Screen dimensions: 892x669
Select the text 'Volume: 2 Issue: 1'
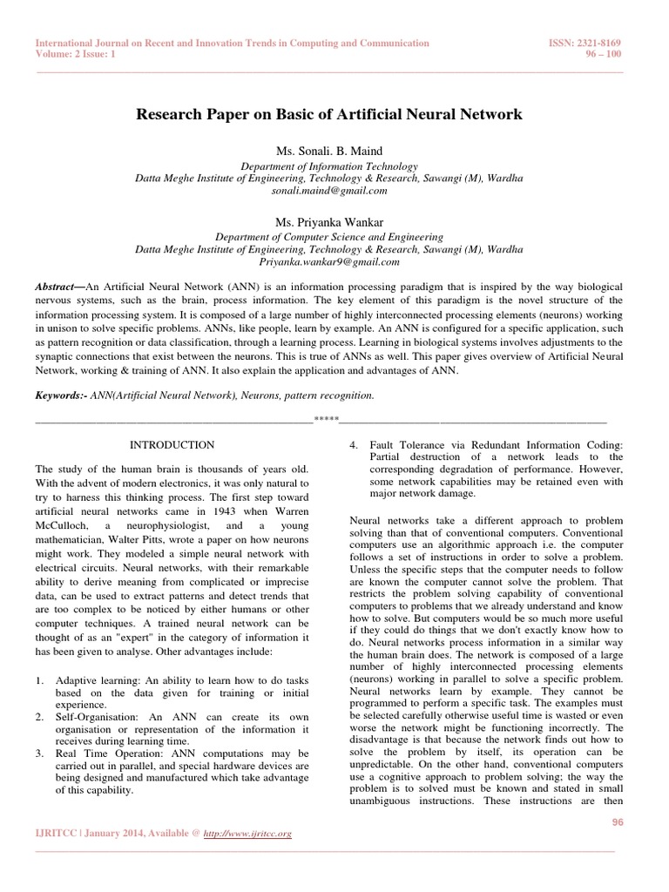(x=74, y=54)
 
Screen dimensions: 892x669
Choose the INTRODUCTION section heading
(x=171, y=445)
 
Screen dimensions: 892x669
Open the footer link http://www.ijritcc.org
(x=247, y=834)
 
